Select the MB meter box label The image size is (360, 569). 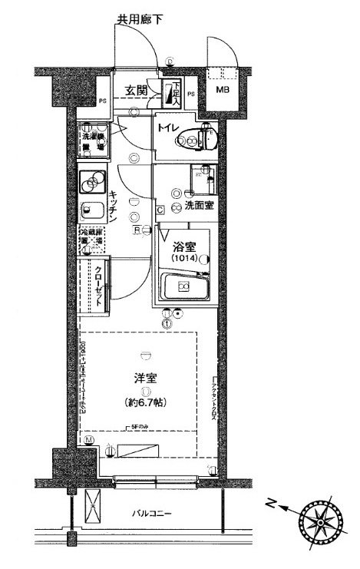(222, 91)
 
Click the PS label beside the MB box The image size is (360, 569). (191, 95)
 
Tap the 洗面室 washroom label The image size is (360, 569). (198, 207)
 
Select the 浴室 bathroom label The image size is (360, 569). (184, 247)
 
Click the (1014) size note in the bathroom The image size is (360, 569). (185, 260)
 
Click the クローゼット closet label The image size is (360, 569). (98, 287)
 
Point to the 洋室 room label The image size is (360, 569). (146, 379)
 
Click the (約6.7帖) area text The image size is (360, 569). (147, 402)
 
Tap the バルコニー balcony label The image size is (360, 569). (161, 513)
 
